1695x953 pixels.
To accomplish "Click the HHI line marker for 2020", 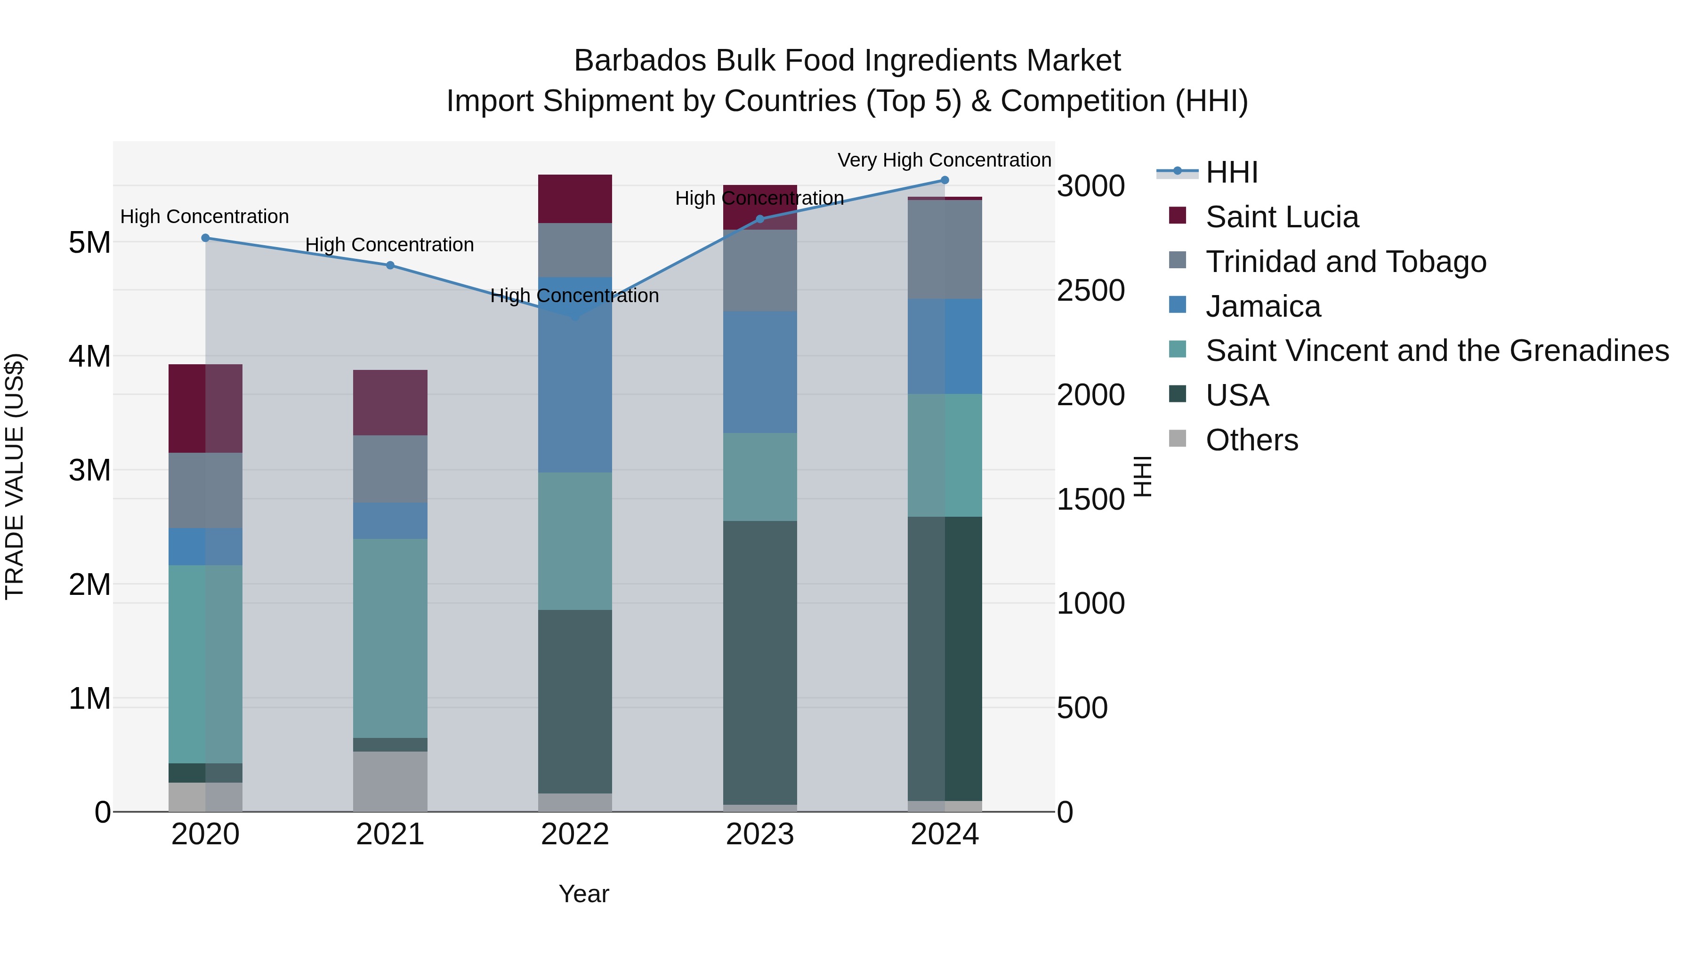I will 205,238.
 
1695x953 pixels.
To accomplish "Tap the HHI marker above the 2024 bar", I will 945,180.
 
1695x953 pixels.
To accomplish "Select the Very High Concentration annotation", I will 944,160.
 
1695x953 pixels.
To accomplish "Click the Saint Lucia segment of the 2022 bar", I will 575,199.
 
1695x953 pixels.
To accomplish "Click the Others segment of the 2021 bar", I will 390,781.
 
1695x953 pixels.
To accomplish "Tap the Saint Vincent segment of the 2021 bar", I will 390,638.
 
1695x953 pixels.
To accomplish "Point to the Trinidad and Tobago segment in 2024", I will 945,249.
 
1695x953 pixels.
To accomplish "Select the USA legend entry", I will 1236,396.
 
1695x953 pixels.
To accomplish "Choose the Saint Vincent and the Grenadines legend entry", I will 1437,351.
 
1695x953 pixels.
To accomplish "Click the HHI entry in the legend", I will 1231,172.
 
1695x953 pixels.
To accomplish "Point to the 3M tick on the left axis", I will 89,470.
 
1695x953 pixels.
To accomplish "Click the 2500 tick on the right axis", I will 1090,291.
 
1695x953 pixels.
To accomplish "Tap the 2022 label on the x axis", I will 575,834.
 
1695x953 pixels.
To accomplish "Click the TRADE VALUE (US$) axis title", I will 15,476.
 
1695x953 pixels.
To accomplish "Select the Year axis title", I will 584,894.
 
